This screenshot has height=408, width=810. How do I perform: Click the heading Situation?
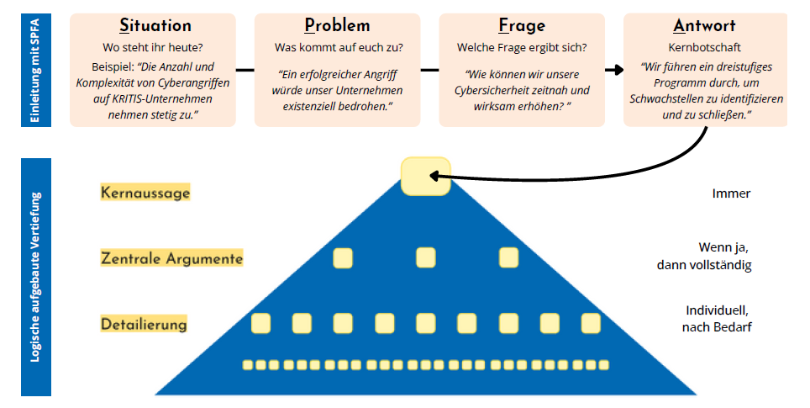pos(155,26)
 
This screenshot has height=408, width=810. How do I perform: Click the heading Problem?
pos(338,26)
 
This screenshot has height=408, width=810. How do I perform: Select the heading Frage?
pos(522,26)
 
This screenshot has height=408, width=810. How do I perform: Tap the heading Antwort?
pos(706,26)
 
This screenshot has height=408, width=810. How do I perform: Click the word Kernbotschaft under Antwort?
pos(707,47)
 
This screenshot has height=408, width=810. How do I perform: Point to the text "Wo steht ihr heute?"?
pos(155,47)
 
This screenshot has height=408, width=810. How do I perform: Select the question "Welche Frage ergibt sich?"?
pos(522,47)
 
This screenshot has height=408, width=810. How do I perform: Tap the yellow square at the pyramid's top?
pos(425,177)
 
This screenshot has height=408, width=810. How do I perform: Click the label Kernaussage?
pos(145,193)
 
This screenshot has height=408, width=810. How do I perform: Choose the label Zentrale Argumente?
pos(171,258)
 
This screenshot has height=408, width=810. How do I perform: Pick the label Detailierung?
pos(144,324)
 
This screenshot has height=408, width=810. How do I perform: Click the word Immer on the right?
pos(730,194)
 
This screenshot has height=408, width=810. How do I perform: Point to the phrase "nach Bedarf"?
pos(716,326)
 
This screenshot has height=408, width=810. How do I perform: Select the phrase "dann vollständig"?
pos(703,266)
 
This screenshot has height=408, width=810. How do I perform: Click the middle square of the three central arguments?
pos(425,257)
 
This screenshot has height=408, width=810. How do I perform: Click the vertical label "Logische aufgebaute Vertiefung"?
pos(35,278)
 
